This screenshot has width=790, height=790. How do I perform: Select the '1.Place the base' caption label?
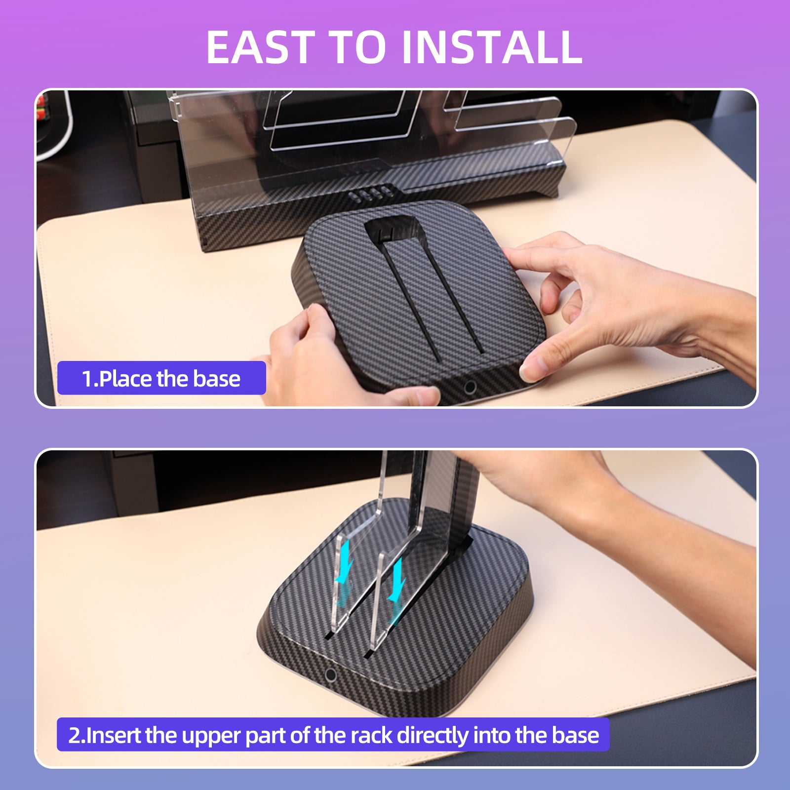(161, 378)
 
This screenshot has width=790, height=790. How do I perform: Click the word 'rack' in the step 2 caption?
(372, 735)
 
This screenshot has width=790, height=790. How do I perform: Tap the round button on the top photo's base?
(470, 387)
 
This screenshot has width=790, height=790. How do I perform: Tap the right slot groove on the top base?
(454, 296)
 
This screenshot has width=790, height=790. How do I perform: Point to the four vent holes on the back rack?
(370, 194)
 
